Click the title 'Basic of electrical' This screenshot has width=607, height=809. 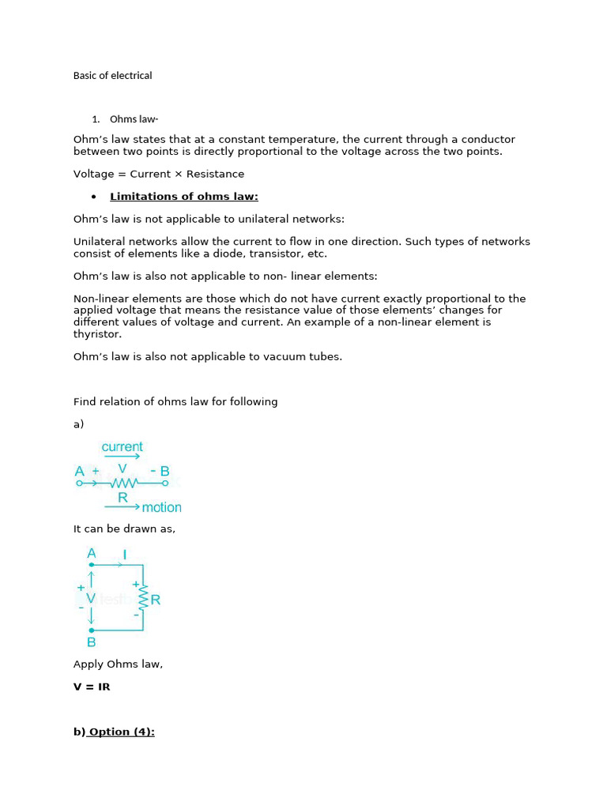click(x=112, y=76)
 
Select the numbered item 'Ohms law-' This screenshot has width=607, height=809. click(x=134, y=119)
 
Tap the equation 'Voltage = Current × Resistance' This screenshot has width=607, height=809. click(x=158, y=174)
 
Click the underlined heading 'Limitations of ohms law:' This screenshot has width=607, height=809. click(x=183, y=197)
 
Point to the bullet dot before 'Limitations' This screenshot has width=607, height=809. click(x=93, y=197)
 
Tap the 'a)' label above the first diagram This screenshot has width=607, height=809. click(x=78, y=424)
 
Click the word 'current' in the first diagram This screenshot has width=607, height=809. click(x=122, y=447)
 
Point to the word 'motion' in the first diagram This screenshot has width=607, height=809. click(x=161, y=507)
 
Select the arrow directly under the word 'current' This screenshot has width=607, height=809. click(x=122, y=457)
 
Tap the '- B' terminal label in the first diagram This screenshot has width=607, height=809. click(x=160, y=472)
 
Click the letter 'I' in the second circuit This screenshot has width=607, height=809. click(x=125, y=555)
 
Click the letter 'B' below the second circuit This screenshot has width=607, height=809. click(x=91, y=642)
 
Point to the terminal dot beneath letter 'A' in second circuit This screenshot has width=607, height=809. click(x=92, y=565)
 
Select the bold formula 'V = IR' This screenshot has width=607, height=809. click(x=92, y=687)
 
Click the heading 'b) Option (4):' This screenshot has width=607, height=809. click(x=114, y=732)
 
